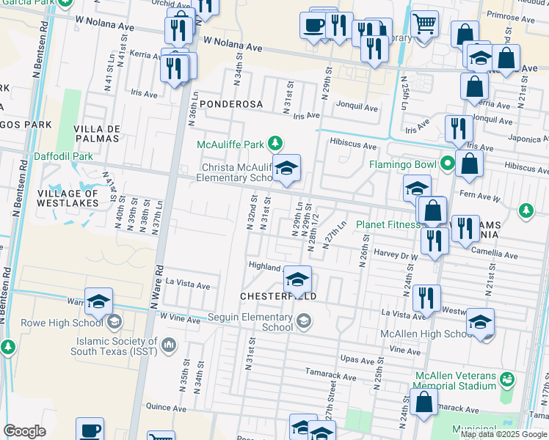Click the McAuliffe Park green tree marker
click(275, 142)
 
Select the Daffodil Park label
click(63, 156)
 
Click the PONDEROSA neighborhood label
click(232, 104)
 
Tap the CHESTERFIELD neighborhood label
click(279, 296)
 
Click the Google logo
click(24, 431)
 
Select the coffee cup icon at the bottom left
click(90, 430)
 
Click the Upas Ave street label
click(358, 359)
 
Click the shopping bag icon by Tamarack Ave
click(423, 401)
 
